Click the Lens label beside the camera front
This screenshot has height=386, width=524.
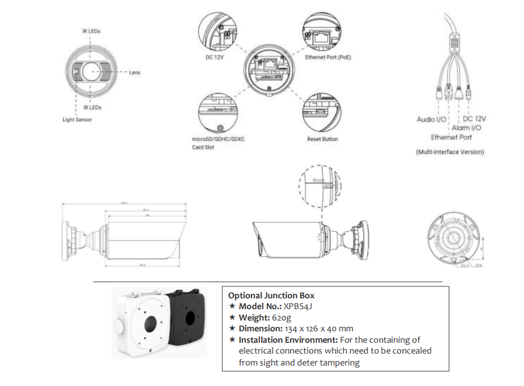tap(134, 72)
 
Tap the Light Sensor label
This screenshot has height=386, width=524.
tap(77, 120)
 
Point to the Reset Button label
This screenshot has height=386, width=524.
tap(322, 139)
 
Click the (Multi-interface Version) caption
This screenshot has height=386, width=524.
tap(449, 152)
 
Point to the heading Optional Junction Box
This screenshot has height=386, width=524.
tap(271, 295)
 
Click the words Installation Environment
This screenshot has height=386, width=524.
tap(275, 339)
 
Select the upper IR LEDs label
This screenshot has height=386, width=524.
tap(92, 31)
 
